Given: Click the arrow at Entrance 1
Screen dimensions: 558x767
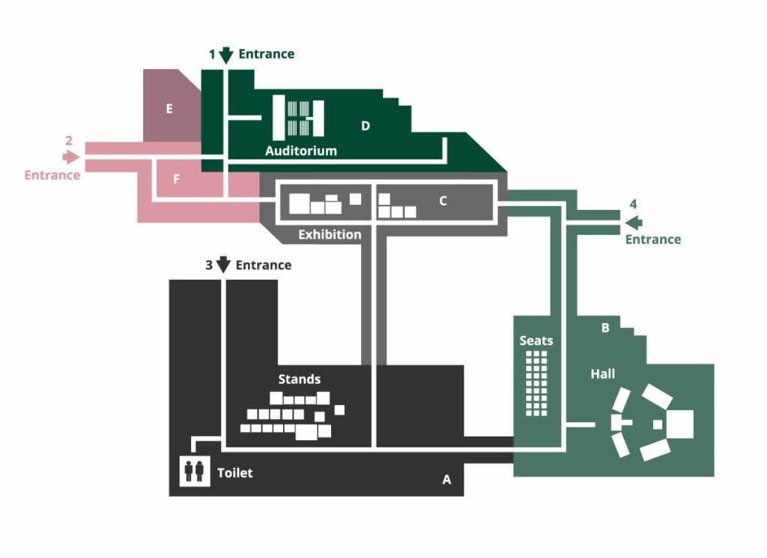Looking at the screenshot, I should (x=226, y=55).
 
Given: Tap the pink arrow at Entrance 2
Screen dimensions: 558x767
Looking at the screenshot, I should (x=71, y=157).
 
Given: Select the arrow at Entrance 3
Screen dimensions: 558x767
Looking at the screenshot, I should (x=223, y=265).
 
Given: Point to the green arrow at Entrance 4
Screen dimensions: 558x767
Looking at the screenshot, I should (x=634, y=222).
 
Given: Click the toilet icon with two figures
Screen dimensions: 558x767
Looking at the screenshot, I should (x=194, y=471).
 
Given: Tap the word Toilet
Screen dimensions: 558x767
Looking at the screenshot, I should (x=234, y=473).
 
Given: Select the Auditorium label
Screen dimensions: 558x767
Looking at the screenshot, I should (x=301, y=151).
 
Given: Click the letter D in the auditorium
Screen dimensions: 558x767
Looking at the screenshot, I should (x=366, y=126).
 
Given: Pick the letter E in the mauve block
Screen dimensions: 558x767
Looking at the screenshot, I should (x=169, y=109).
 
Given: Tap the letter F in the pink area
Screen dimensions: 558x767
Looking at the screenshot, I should (x=177, y=179).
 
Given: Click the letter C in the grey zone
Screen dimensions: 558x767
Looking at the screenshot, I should (x=443, y=201).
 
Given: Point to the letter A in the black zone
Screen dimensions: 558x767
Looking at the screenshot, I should (x=446, y=480).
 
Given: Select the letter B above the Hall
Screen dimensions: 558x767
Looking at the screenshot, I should (x=604, y=328).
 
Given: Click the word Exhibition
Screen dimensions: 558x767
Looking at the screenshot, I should (x=330, y=235).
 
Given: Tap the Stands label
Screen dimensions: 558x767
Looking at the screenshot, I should (x=299, y=379).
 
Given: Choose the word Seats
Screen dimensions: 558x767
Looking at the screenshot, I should (x=536, y=340).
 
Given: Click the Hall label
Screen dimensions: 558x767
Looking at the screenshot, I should (x=602, y=373).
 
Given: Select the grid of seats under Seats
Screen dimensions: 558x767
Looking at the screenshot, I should (x=537, y=383).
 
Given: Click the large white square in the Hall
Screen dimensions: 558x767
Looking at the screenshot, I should (x=680, y=424).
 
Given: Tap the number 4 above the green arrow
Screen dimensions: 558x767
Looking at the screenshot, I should (x=633, y=204).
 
